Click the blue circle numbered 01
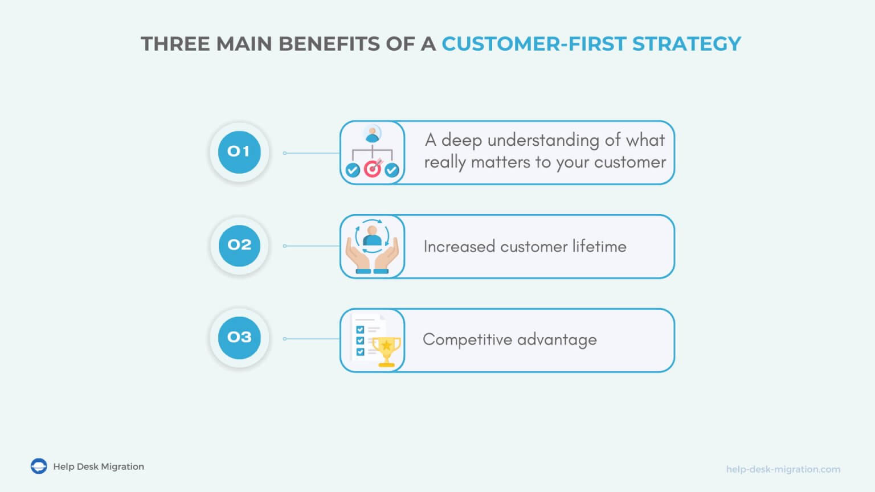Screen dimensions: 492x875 tap(239, 152)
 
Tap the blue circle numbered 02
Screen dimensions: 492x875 tap(239, 245)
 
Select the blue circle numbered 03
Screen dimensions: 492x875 tap(239, 338)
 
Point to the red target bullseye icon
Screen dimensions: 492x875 tap(372, 169)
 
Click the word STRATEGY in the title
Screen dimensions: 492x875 tap(686, 44)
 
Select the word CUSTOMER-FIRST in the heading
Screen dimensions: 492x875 tap(534, 44)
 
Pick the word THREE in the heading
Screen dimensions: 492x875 tap(175, 44)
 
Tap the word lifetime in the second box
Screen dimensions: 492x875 tap(599, 246)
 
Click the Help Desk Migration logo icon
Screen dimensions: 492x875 tap(39, 466)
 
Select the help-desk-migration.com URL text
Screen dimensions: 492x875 tap(783, 469)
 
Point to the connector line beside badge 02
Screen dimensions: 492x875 tap(312, 246)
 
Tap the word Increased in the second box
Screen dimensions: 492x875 tap(459, 246)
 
